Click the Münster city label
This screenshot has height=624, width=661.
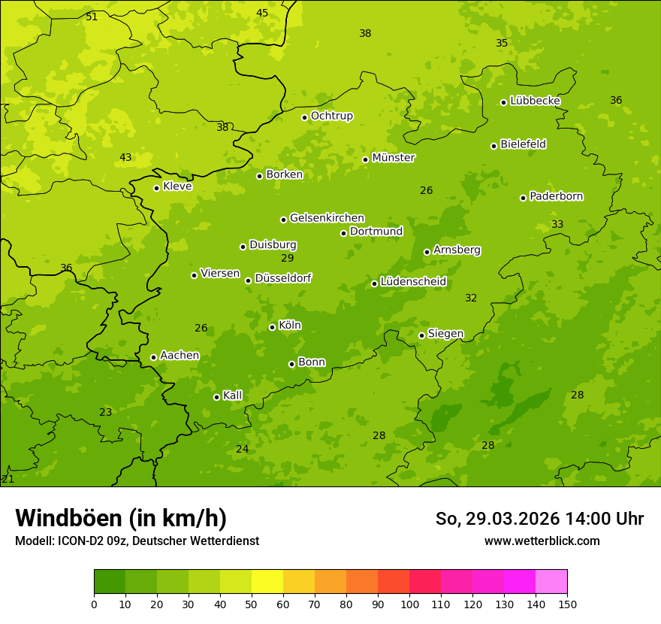[x=393, y=158]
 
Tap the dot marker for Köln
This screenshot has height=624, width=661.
[x=272, y=327]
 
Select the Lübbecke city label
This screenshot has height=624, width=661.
[x=535, y=101]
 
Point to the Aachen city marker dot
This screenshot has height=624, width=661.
[x=153, y=357]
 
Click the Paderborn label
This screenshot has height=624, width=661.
[x=556, y=196]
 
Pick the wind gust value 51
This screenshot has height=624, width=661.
[x=92, y=17]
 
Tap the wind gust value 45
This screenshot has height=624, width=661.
[x=262, y=13]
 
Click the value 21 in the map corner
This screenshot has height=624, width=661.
[x=8, y=479]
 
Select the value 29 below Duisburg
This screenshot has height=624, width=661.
[x=288, y=258]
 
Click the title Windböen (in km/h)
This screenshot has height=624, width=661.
[x=121, y=518]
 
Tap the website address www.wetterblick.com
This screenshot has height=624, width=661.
[x=542, y=541]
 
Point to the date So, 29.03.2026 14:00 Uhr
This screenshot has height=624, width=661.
[x=539, y=519]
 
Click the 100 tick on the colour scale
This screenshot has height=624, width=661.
[x=409, y=604]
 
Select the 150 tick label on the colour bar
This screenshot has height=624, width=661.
[x=567, y=604]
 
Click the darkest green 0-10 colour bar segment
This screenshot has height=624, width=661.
[x=110, y=582]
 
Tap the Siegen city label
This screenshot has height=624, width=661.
[x=445, y=334]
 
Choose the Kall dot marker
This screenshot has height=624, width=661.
[x=216, y=397]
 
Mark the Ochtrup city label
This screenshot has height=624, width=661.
[x=331, y=116]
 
